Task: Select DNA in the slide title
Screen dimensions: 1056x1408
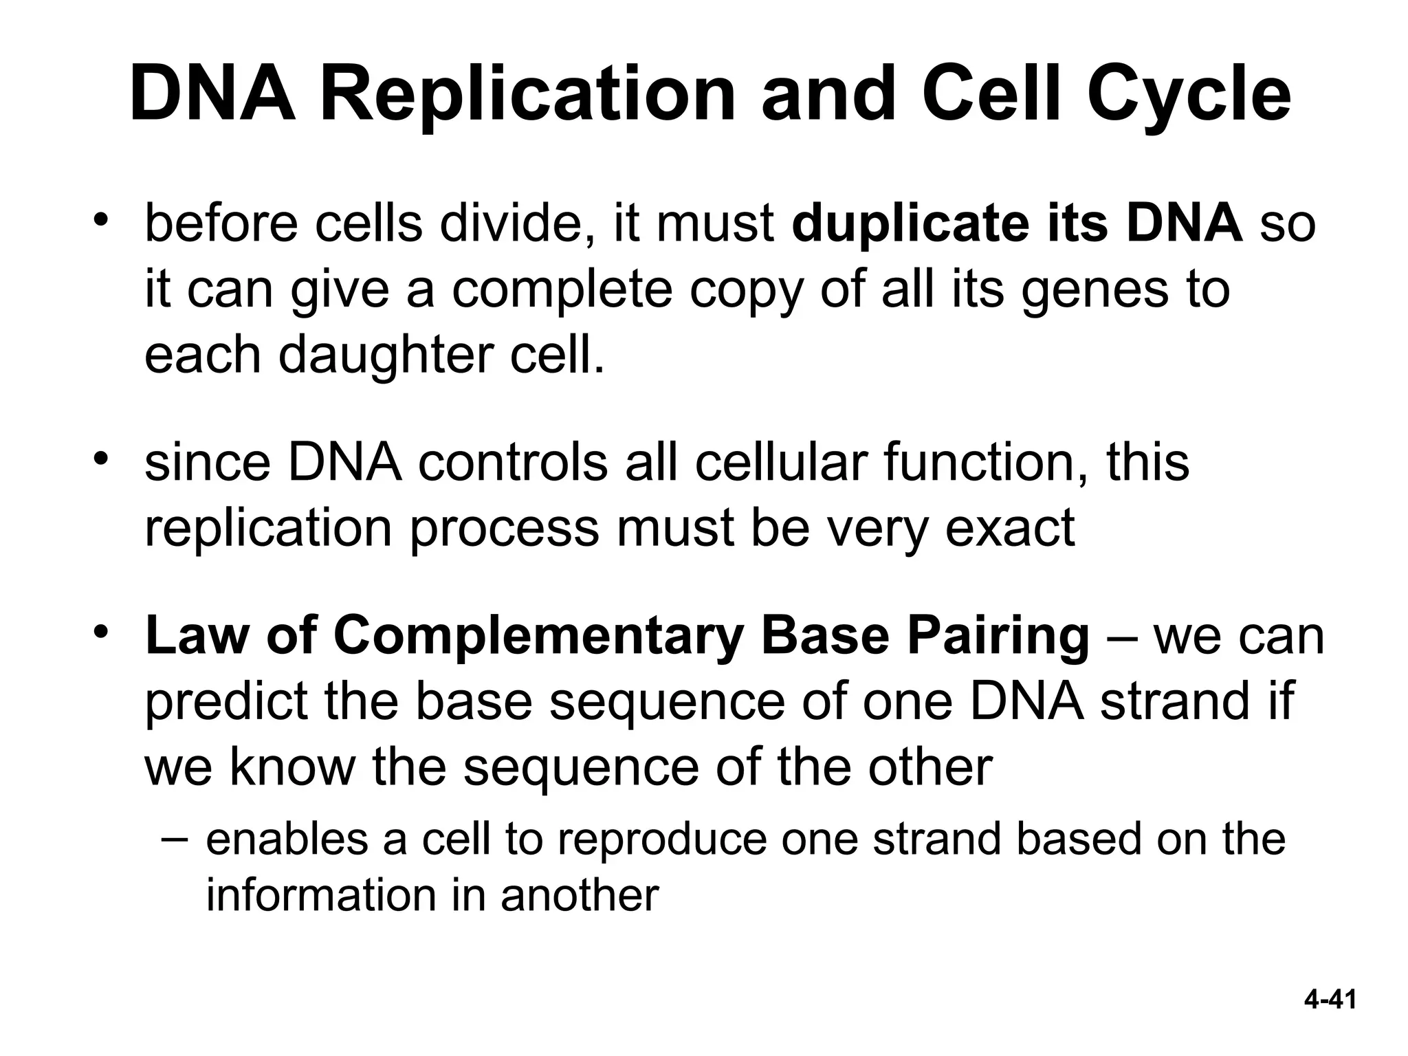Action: [x=212, y=94]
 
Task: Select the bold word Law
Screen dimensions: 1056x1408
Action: [x=197, y=635]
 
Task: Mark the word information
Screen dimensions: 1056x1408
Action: [x=320, y=896]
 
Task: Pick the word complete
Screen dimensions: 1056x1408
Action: [x=562, y=290]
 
